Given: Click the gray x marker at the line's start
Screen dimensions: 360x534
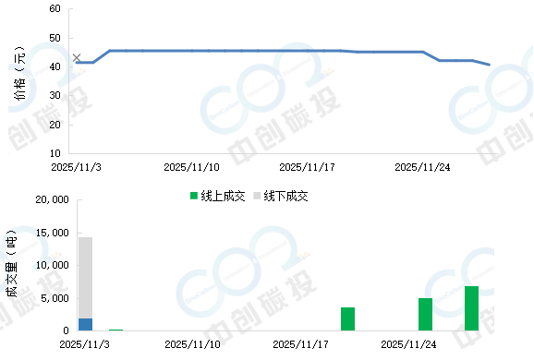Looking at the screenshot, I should (77, 57).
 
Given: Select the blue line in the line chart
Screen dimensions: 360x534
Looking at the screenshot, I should (185, 50).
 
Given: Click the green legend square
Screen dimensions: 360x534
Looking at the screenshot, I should (194, 195).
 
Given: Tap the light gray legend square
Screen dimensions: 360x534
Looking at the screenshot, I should (257, 195).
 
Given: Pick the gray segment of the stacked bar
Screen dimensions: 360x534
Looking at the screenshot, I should (85, 277).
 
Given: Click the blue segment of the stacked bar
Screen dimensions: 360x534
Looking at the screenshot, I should (85, 324).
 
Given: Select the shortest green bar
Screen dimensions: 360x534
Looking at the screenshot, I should (347, 318).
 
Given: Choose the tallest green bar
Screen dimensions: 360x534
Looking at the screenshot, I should (471, 307).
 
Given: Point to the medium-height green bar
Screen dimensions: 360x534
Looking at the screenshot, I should (425, 314).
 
